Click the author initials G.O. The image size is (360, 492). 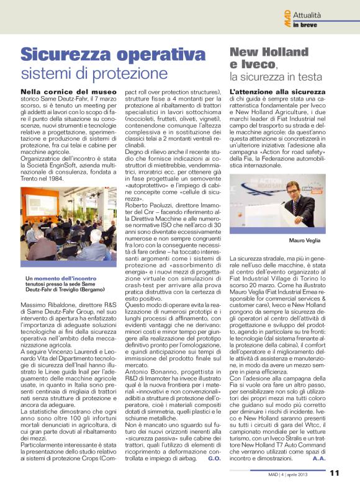click(215, 459)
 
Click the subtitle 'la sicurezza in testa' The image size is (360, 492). click(276, 77)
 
